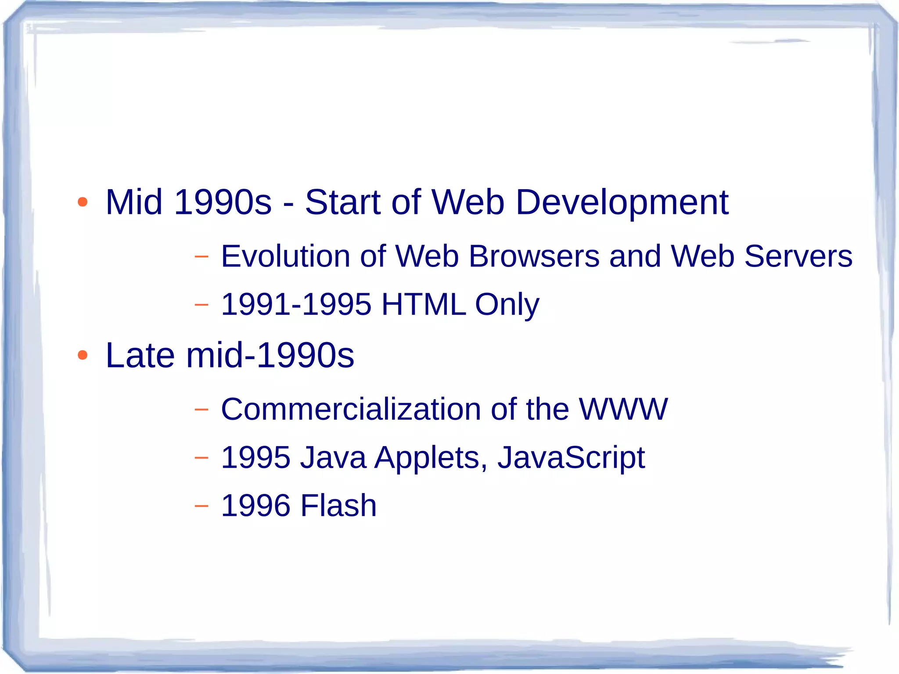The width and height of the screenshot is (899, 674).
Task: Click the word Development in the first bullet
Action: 622,203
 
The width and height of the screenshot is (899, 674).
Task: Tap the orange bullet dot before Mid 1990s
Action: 83,202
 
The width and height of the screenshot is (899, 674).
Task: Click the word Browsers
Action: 534,256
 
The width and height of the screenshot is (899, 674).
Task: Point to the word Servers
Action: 798,256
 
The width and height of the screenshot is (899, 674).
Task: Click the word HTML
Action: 423,304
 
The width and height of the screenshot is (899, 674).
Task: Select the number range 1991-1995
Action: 296,304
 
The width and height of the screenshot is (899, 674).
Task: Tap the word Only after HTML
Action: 507,305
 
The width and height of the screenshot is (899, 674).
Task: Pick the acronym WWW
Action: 623,409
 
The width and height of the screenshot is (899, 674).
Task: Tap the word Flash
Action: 338,505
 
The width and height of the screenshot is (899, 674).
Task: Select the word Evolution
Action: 285,256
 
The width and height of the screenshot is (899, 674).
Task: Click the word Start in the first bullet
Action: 342,202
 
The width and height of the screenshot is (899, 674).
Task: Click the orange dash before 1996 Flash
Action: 201,506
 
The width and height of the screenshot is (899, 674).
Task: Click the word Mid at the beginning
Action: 134,202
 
